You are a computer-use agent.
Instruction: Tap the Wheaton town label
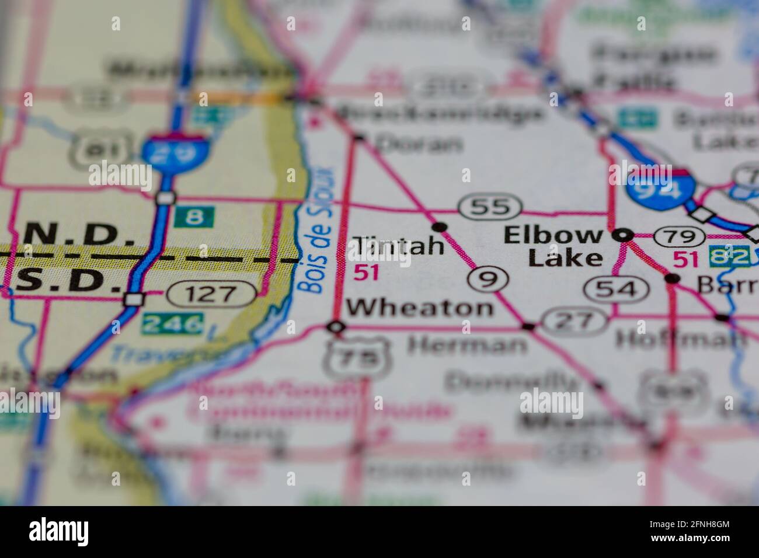(419, 308)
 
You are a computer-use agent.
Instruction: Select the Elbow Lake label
(553, 246)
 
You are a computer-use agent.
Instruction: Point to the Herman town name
(466, 345)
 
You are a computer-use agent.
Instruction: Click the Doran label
(419, 143)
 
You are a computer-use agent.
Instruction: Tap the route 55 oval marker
(489, 207)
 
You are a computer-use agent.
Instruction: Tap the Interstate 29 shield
(165, 152)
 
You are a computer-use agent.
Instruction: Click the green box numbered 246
(174, 323)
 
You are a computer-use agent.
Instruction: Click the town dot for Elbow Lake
(623, 235)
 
